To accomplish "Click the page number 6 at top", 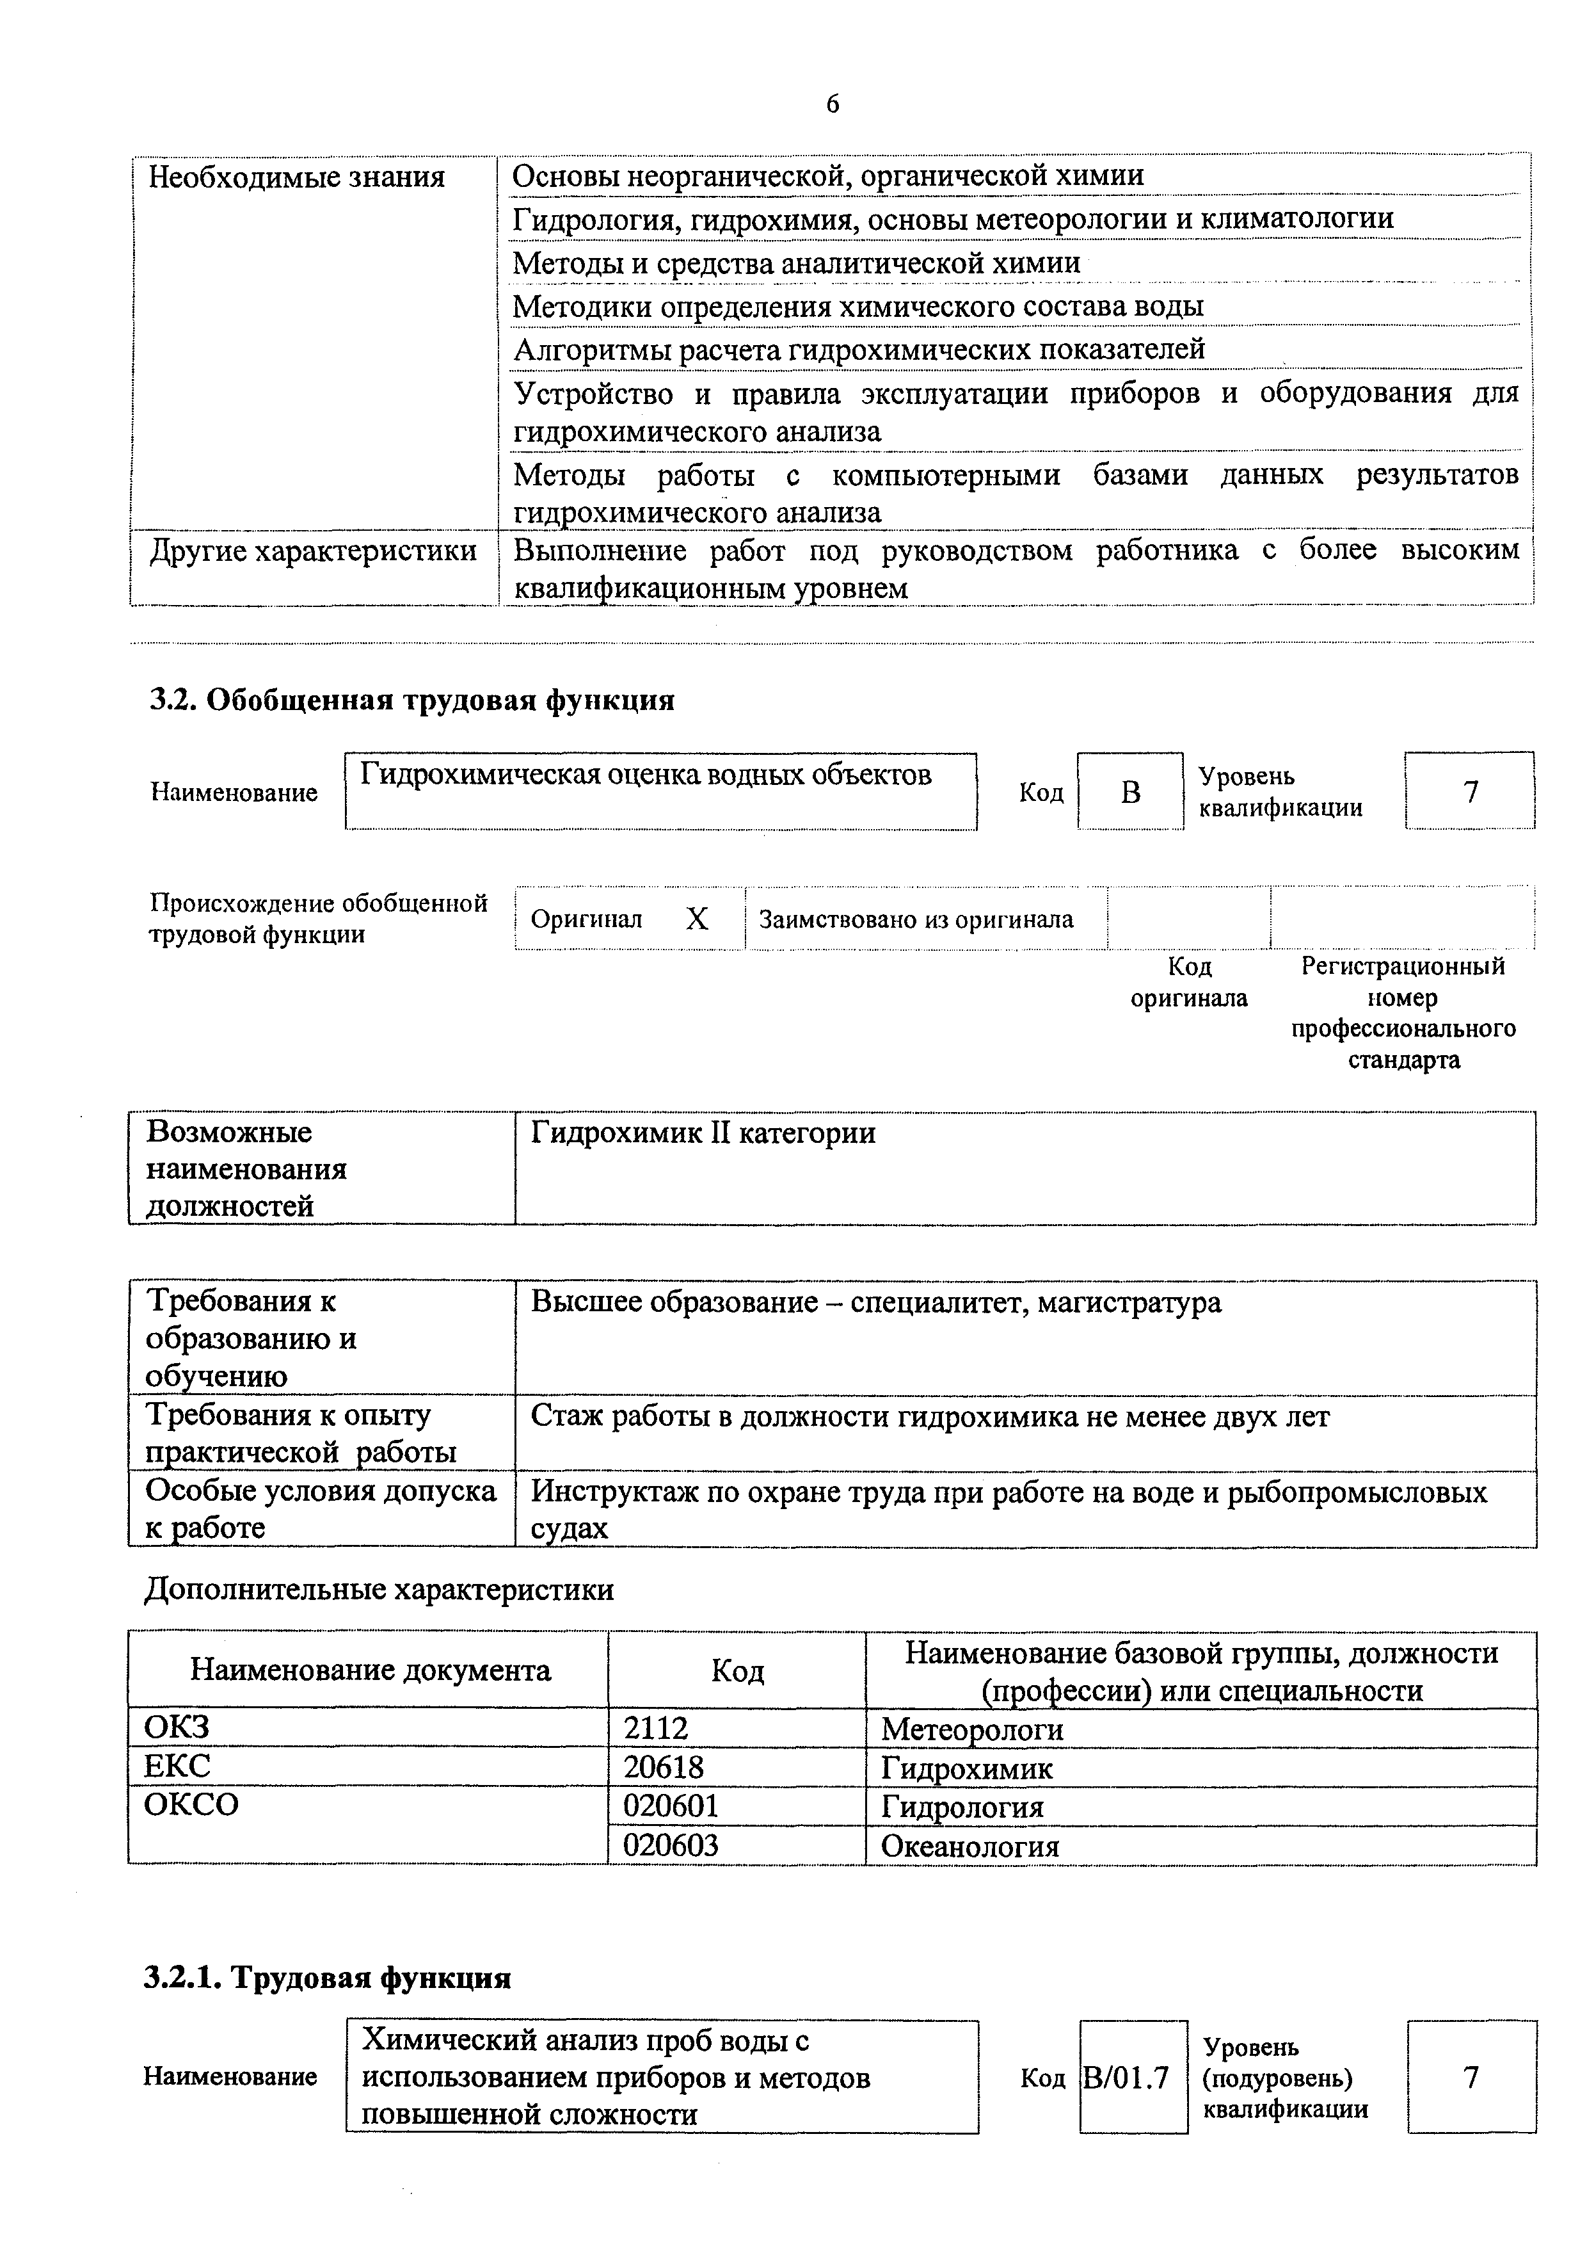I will tap(831, 104).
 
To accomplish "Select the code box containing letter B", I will tap(1129, 791).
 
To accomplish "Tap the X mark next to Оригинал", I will tap(696, 919).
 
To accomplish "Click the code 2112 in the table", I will tap(656, 1729).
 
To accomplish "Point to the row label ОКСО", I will tap(191, 1805).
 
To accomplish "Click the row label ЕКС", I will tap(177, 1766).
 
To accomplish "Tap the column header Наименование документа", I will tap(370, 1670).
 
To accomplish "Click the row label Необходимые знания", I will tap(296, 177).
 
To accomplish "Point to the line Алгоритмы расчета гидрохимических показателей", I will tap(859, 349).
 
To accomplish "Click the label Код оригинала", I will tap(1188, 982).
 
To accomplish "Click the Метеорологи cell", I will tap(972, 1729).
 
